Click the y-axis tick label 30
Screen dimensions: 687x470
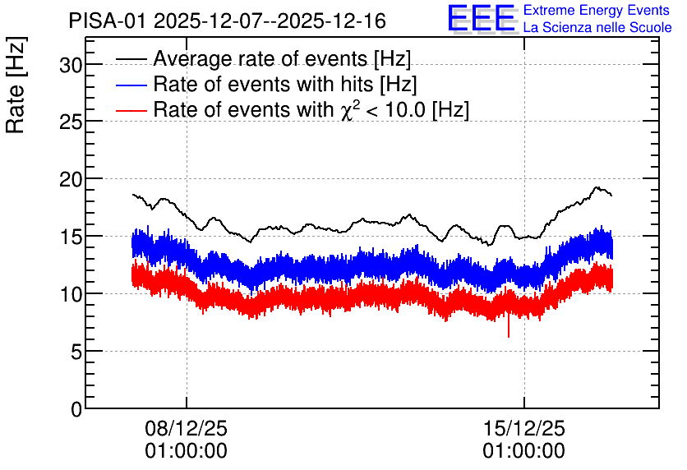click(x=71, y=65)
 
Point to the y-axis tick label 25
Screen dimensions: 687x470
click(x=71, y=122)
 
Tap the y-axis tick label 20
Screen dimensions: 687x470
click(x=71, y=180)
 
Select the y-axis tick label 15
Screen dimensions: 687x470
click(x=71, y=237)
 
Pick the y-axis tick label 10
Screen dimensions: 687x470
click(x=71, y=294)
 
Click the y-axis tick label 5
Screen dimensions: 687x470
click(x=76, y=352)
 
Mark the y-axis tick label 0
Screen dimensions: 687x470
click(x=76, y=409)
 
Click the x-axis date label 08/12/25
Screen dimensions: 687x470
click(x=187, y=428)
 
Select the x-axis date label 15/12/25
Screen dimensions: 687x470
click(x=524, y=428)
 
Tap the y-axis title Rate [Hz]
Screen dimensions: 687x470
click(x=16, y=85)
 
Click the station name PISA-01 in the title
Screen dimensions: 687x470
click(x=107, y=21)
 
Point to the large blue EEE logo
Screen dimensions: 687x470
click(x=482, y=19)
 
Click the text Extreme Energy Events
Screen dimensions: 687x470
click(x=597, y=10)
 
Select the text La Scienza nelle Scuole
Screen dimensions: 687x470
click(x=597, y=28)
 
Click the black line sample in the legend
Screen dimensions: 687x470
click(x=131, y=59)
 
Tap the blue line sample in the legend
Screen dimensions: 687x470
click(x=131, y=85)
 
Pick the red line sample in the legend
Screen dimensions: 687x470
click(x=131, y=110)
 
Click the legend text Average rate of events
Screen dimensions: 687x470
click(x=261, y=59)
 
